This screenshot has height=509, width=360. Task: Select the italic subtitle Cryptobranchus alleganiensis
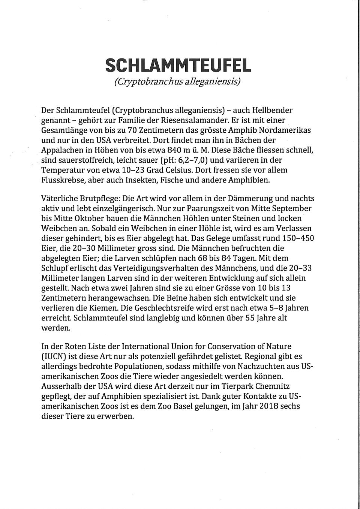tap(177, 81)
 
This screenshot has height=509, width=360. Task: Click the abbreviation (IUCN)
tap(53, 356)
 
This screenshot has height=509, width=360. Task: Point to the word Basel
tap(192, 406)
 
